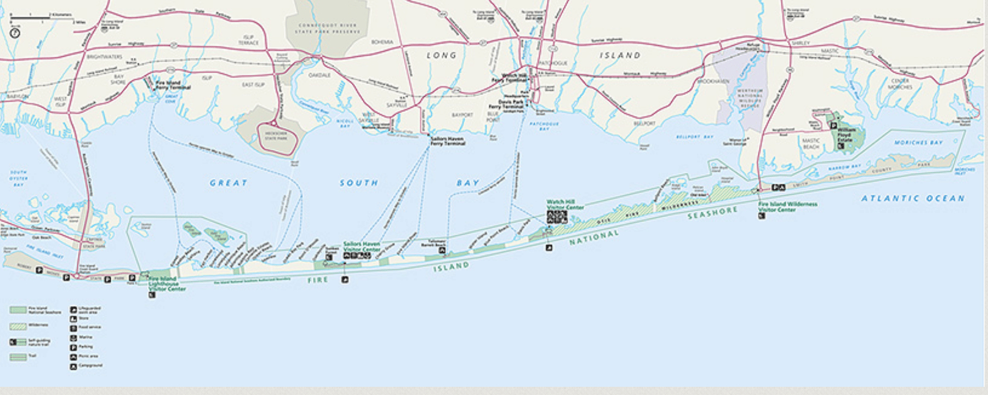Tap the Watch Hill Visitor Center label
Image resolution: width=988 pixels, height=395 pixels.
pyautogui.click(x=564, y=205)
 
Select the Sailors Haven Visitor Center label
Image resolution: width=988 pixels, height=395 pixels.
pyautogui.click(x=362, y=247)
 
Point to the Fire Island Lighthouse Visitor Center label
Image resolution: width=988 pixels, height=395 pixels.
pyautogui.click(x=164, y=284)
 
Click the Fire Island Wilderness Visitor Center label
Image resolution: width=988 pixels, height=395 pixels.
pyautogui.click(x=787, y=207)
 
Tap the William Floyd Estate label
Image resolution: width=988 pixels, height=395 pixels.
pyautogui.click(x=847, y=135)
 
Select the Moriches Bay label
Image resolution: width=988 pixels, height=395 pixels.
pyautogui.click(x=918, y=142)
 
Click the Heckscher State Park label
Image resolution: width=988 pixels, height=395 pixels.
pyautogui.click(x=275, y=135)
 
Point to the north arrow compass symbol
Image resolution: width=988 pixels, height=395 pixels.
pyautogui.click(x=15, y=33)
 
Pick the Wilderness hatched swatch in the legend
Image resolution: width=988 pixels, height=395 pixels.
pyautogui.click(x=18, y=326)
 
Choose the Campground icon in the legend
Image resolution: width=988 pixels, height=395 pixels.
pyautogui.click(x=73, y=367)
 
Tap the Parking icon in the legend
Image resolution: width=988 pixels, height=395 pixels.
pyautogui.click(x=73, y=348)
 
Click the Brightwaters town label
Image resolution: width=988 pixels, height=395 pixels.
pyautogui.click(x=104, y=56)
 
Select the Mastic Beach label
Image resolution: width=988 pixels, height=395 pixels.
pyautogui.click(x=811, y=143)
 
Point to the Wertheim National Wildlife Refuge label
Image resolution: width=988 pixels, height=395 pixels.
pyautogui.click(x=750, y=98)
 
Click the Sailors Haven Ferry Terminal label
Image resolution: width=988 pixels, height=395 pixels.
pyautogui.click(x=447, y=141)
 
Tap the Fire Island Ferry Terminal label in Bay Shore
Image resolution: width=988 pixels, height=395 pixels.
pyautogui.click(x=173, y=85)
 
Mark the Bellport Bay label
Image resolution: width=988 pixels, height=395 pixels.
pyautogui.click(x=694, y=137)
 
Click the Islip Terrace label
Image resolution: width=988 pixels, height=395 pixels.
pyautogui.click(x=249, y=40)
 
